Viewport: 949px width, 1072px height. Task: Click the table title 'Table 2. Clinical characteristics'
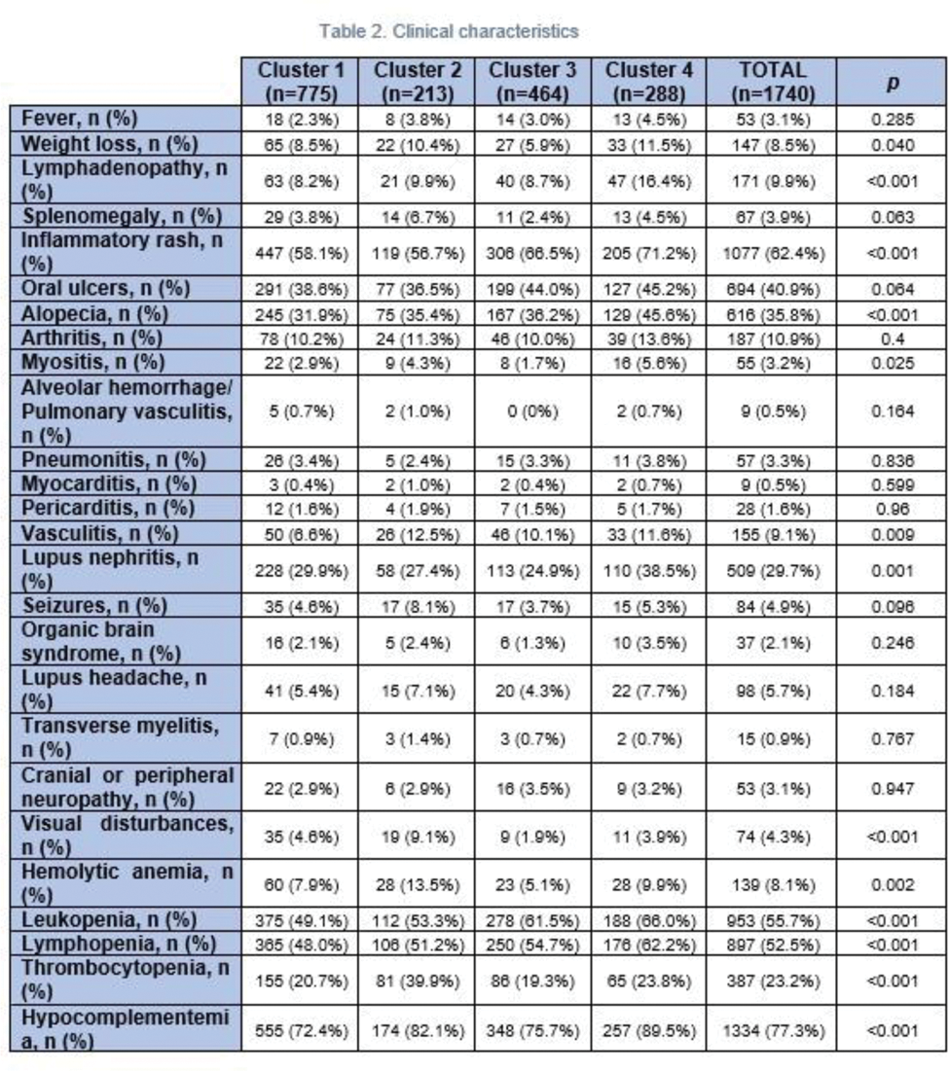pos(449,31)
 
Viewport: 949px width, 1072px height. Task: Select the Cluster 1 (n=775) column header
pos(300,83)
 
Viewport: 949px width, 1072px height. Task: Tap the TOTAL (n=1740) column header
pos(772,83)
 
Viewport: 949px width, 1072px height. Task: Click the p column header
pos(891,83)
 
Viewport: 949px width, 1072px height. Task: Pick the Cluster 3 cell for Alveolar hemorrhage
pos(531,411)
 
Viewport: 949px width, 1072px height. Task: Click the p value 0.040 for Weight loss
pos(891,145)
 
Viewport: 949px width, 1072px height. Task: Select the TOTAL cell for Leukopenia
pos(772,919)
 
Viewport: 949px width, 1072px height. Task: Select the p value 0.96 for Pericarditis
pos(891,507)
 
